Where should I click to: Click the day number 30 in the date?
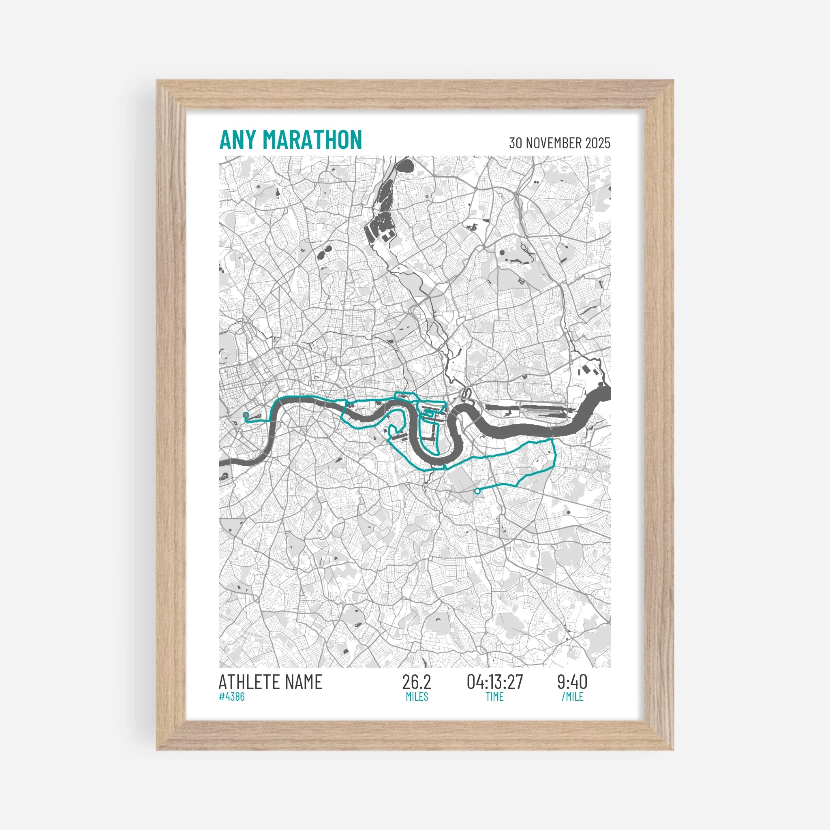coord(516,143)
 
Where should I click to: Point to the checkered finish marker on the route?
coord(246,415)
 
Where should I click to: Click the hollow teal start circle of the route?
coord(477,491)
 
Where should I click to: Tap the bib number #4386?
coord(231,696)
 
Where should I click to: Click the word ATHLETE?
coord(251,682)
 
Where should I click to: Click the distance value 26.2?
coord(416,682)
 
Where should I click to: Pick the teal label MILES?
coord(417,696)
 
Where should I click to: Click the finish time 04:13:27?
coord(495,682)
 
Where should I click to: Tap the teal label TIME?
coord(494,696)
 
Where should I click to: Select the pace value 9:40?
coord(572,682)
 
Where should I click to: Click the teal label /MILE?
coord(572,696)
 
